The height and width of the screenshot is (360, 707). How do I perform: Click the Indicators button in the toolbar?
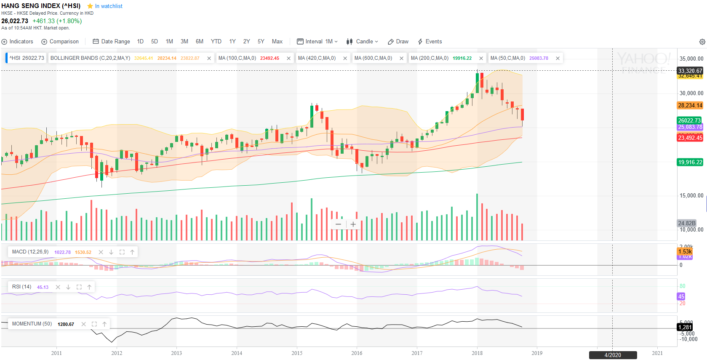click(17, 42)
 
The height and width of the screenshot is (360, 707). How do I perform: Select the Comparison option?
click(60, 42)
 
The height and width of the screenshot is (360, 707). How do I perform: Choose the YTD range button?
click(216, 42)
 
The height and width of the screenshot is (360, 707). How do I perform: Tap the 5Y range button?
click(261, 42)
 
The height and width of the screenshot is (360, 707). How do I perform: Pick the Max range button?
click(277, 42)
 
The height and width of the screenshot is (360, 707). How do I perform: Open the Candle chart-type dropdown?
click(362, 42)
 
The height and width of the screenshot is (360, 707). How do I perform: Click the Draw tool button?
click(398, 42)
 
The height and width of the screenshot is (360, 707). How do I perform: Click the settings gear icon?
click(702, 42)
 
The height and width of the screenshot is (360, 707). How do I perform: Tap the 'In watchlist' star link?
click(105, 6)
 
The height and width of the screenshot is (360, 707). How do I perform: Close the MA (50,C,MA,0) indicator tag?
click(558, 59)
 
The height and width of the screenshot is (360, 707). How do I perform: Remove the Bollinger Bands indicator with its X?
click(209, 59)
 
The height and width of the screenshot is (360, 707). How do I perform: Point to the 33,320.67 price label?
click(690, 71)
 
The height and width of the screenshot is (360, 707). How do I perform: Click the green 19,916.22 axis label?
click(690, 162)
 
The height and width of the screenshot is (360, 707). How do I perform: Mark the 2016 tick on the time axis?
click(357, 353)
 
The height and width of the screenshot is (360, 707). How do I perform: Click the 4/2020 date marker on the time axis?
click(613, 355)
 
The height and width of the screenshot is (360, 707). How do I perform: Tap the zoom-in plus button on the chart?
click(353, 224)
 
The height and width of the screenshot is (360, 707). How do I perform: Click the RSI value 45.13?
click(43, 287)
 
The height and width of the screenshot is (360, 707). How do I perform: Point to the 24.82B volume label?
click(686, 223)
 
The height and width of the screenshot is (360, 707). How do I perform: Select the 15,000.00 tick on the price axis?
click(691, 195)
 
